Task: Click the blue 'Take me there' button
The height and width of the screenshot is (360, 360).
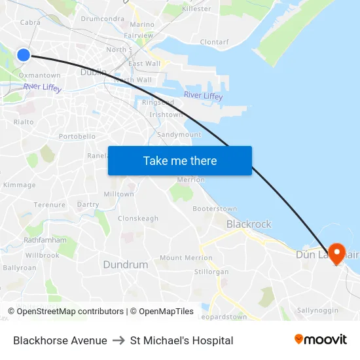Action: click(x=180, y=161)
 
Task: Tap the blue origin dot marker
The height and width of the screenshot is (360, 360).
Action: click(x=24, y=55)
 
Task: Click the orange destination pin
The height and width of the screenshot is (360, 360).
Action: click(x=337, y=253)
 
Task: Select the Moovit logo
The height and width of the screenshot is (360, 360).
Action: click(x=321, y=340)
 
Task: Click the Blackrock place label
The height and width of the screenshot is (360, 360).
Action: click(x=249, y=224)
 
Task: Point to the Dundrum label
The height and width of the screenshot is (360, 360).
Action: click(x=125, y=264)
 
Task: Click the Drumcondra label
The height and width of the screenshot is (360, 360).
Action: click(x=102, y=19)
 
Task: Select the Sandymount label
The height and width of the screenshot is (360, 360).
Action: click(x=179, y=135)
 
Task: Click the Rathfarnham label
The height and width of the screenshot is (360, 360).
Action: click(x=45, y=240)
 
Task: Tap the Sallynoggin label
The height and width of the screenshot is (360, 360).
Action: click(x=317, y=310)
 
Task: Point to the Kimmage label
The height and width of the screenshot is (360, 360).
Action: click(x=19, y=185)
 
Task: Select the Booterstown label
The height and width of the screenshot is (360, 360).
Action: click(x=215, y=209)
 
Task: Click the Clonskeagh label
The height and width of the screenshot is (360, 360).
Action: click(x=138, y=219)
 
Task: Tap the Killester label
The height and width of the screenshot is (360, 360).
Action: click(x=196, y=9)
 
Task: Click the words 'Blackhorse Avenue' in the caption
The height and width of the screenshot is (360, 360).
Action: click(x=60, y=340)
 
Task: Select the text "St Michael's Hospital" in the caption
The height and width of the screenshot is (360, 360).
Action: click(x=181, y=340)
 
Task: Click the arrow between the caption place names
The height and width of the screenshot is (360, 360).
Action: click(x=118, y=340)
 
